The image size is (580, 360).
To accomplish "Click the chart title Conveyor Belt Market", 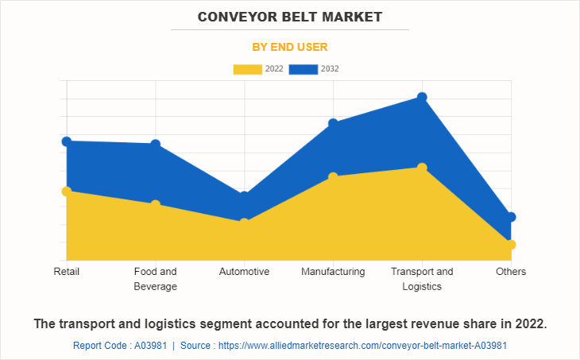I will click(290, 17).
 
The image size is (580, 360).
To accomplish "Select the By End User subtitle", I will click(290, 47).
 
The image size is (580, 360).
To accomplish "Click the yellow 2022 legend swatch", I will click(247, 69).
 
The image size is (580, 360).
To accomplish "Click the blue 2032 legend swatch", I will click(303, 69).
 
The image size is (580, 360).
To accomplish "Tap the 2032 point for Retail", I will click(67, 141).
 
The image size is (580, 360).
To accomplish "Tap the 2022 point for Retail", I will click(67, 191).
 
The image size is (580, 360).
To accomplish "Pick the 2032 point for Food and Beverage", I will click(156, 144).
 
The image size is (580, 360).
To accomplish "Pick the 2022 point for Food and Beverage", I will click(156, 204).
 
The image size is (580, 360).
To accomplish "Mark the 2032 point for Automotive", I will click(245, 195).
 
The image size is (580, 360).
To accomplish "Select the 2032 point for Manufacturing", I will click(334, 123).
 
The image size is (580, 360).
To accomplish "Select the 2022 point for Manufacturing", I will click(334, 176).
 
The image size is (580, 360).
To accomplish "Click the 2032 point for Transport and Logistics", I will click(423, 97).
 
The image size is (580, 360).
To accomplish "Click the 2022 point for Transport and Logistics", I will click(423, 168).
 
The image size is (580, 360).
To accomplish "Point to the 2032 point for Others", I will click(511, 217).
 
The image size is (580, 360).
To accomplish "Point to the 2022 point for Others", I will click(511, 244).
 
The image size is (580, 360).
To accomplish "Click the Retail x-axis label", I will click(67, 272).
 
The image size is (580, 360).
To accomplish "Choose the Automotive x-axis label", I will click(245, 272).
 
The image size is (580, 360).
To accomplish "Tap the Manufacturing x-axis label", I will click(334, 272).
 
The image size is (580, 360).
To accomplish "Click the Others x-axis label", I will click(511, 272).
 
